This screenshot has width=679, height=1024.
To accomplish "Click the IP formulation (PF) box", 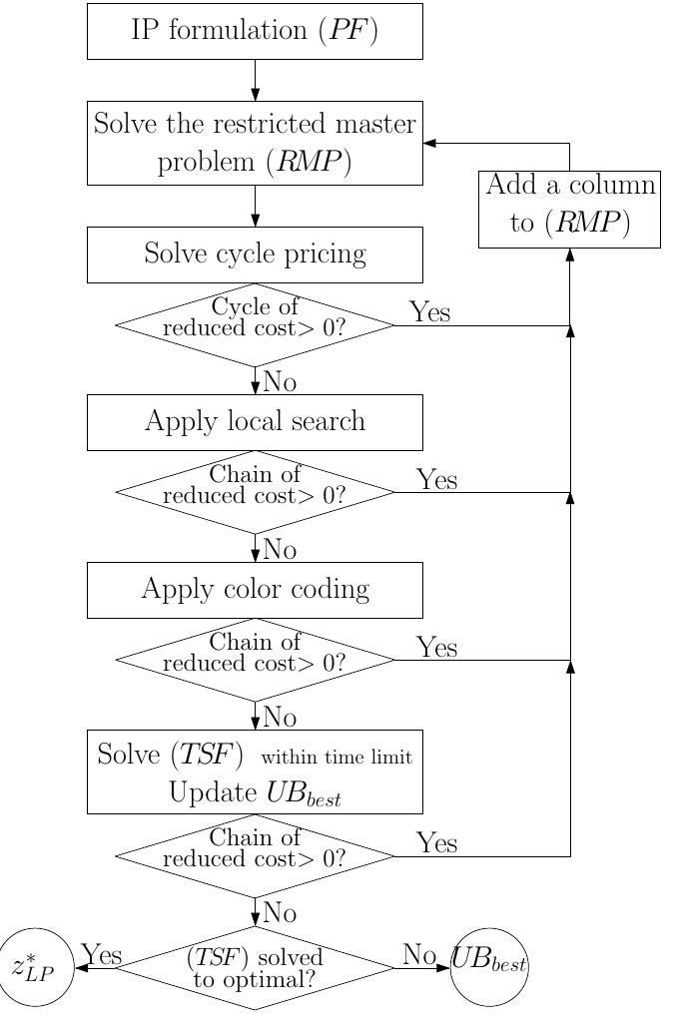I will click(x=255, y=31).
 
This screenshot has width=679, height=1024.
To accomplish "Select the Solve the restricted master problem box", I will click(x=255, y=143).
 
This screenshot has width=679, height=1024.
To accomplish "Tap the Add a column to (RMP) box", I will click(x=569, y=209).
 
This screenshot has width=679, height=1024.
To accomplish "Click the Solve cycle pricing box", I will click(x=255, y=254).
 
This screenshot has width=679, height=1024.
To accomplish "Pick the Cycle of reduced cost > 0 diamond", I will click(x=255, y=325).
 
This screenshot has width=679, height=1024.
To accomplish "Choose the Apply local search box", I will click(x=255, y=421).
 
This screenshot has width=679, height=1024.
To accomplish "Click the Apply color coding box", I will click(x=255, y=589).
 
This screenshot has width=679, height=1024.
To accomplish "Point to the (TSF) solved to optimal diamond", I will click(x=255, y=968).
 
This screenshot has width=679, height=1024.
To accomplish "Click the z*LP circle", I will click(x=37, y=966).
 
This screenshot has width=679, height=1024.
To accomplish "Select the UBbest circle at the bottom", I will click(x=489, y=966).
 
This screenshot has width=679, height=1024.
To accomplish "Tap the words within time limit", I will click(x=337, y=758).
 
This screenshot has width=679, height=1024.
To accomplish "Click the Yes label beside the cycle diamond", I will click(x=429, y=312).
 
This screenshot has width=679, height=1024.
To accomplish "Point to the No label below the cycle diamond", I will click(x=280, y=382).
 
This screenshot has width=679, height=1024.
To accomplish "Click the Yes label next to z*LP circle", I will click(x=101, y=955).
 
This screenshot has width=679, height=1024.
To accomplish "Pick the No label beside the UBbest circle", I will click(x=419, y=955).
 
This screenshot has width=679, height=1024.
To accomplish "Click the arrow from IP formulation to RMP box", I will click(x=255, y=80).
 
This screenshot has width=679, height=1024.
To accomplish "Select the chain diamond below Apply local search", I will click(x=255, y=492).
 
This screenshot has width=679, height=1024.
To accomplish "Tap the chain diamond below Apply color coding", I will click(x=255, y=660).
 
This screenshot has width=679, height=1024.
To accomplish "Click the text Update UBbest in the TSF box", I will click(x=255, y=793).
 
